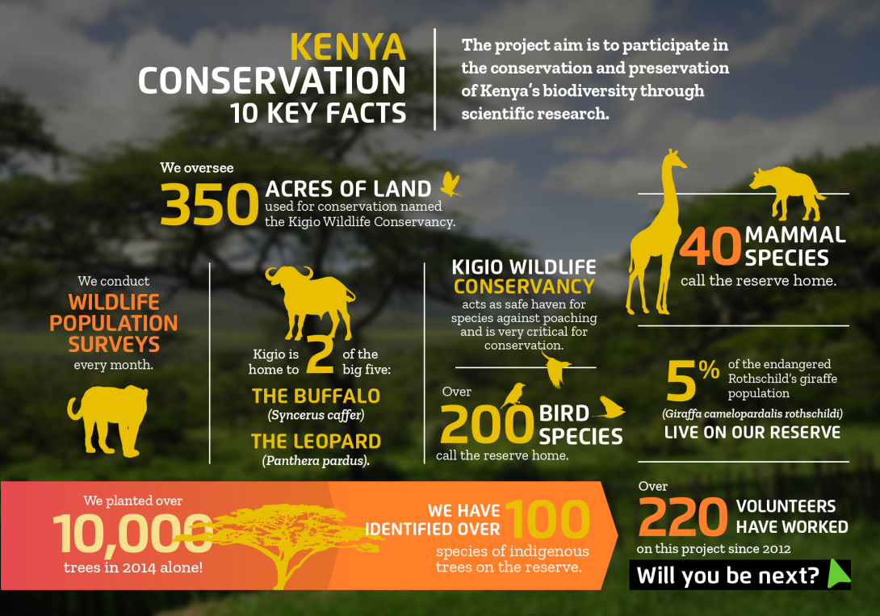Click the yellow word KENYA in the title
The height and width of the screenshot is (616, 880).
(348, 47)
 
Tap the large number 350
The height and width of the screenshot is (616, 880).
(209, 205)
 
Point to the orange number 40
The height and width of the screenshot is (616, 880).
(711, 246)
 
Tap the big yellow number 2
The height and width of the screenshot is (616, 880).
(321, 354)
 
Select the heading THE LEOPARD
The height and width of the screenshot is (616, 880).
(316, 442)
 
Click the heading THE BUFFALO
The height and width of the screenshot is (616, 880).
(316, 396)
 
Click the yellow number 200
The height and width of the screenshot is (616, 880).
(487, 425)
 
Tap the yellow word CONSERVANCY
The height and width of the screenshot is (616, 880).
(524, 287)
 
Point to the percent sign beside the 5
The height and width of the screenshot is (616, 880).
(709, 370)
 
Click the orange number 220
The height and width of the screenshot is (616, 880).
(683, 517)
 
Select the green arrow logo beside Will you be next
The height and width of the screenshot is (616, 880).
(839, 574)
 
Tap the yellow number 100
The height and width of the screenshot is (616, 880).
(547, 518)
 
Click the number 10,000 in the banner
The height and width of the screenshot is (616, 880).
(132, 534)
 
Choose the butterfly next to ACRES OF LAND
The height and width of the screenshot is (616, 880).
(451, 184)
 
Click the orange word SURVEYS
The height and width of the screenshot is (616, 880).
(114, 344)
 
